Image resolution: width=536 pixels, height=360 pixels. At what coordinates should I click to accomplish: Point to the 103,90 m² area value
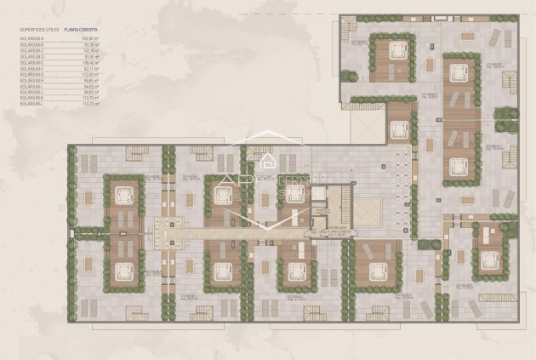click(x=89, y=39)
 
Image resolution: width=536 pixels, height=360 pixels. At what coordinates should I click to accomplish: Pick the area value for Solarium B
click(x=90, y=44)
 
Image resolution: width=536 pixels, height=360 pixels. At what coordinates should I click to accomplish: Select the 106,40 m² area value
click(x=89, y=62)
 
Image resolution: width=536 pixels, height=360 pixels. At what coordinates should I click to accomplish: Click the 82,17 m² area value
click(x=90, y=68)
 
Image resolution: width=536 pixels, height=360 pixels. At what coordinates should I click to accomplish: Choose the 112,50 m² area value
click(x=89, y=73)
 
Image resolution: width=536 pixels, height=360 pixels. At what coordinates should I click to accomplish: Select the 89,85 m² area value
click(x=90, y=79)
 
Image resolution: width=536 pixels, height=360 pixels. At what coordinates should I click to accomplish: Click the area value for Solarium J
click(x=90, y=91)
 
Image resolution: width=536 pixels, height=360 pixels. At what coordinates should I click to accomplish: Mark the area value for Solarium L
click(x=89, y=103)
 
